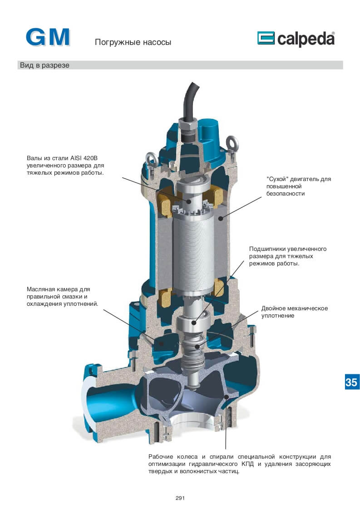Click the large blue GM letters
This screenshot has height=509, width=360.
tap(48, 37)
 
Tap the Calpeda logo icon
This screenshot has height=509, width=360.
tap(266, 38)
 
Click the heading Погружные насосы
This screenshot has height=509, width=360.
tap(133, 42)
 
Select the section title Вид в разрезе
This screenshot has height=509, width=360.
tap(44, 65)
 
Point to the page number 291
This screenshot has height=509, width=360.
tap(180, 498)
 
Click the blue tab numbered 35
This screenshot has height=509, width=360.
tap(351, 382)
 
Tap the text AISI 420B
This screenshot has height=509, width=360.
tap(84, 158)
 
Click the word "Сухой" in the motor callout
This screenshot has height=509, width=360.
tap(277, 179)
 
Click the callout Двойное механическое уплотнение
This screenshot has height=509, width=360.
tap(294, 312)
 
